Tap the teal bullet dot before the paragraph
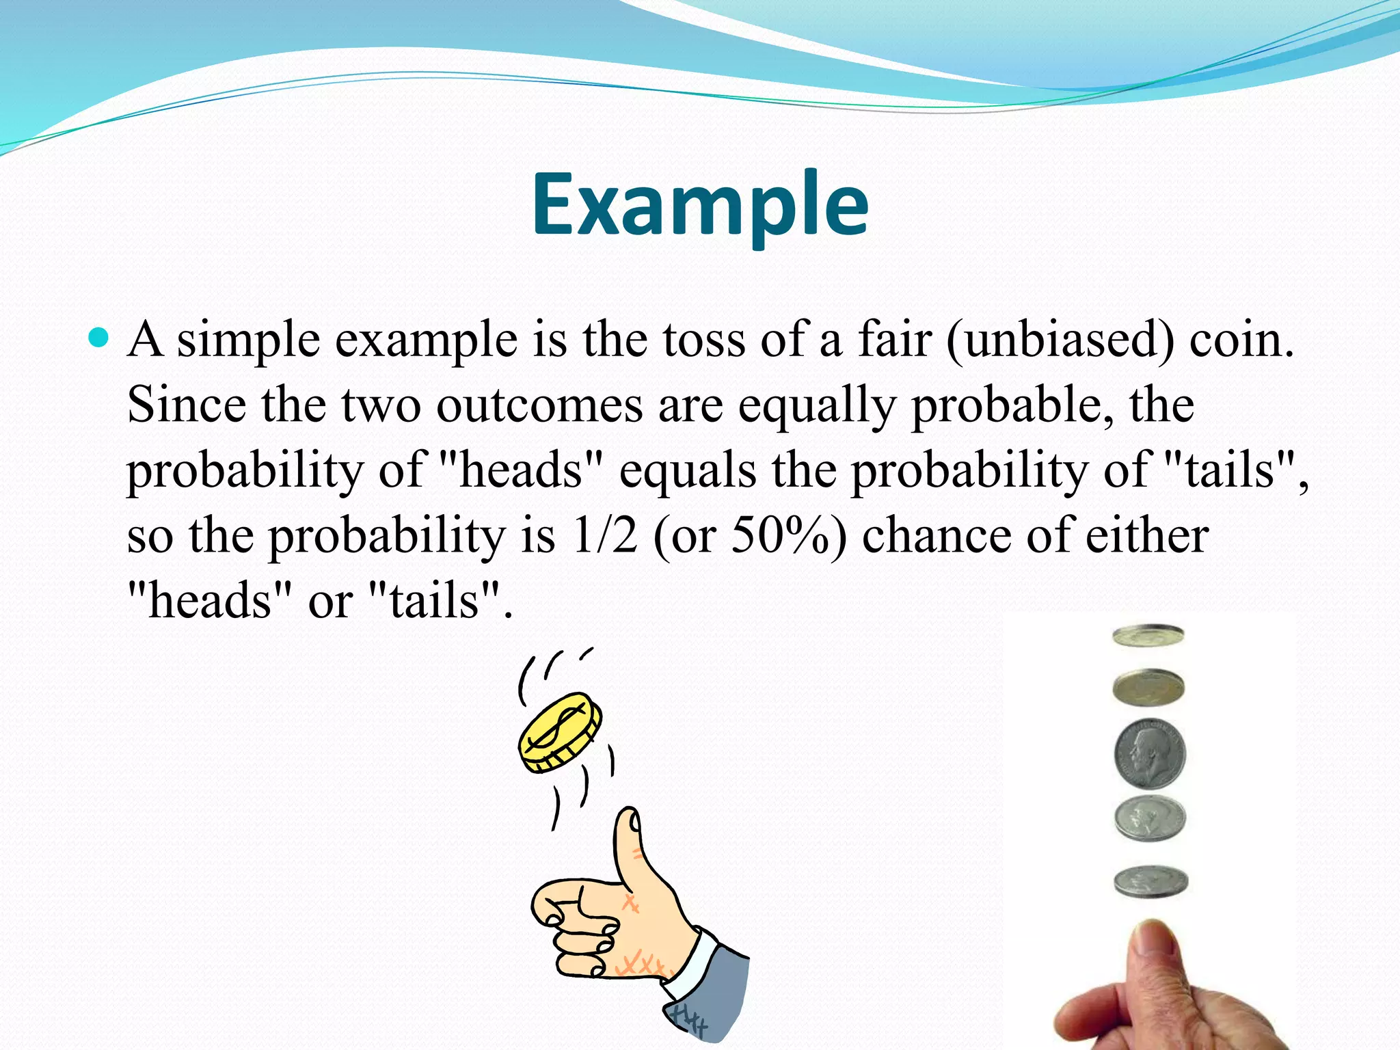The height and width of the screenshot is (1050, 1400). pos(98,337)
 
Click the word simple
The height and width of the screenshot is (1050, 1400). pos(248,340)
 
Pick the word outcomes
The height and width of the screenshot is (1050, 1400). pos(539,405)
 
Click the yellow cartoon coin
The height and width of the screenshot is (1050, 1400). pos(560,732)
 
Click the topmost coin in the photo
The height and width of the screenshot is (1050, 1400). pos(1148,636)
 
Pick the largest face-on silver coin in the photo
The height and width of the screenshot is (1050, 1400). pos(1150,753)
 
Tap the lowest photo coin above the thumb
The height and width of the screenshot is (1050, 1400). pos(1150,881)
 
